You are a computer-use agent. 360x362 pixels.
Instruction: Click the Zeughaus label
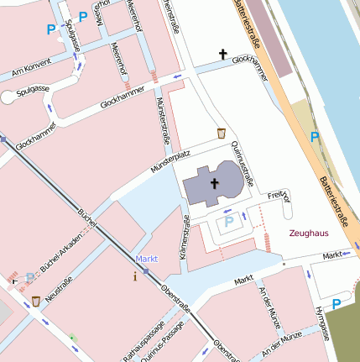click(x=307, y=234)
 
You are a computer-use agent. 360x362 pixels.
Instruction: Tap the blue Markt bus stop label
click(x=147, y=259)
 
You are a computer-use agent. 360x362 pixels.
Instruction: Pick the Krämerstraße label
click(x=186, y=244)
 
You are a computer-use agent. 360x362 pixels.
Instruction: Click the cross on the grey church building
click(x=213, y=182)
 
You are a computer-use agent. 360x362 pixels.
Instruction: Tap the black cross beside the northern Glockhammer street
click(x=223, y=55)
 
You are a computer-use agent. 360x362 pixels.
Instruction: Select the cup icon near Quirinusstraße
click(x=221, y=133)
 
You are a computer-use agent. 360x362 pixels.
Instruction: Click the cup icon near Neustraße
click(x=36, y=301)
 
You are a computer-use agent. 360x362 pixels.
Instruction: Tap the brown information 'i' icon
click(x=135, y=275)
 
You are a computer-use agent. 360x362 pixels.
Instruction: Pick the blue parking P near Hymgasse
click(x=337, y=304)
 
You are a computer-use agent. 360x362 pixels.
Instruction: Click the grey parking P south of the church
click(x=227, y=223)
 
